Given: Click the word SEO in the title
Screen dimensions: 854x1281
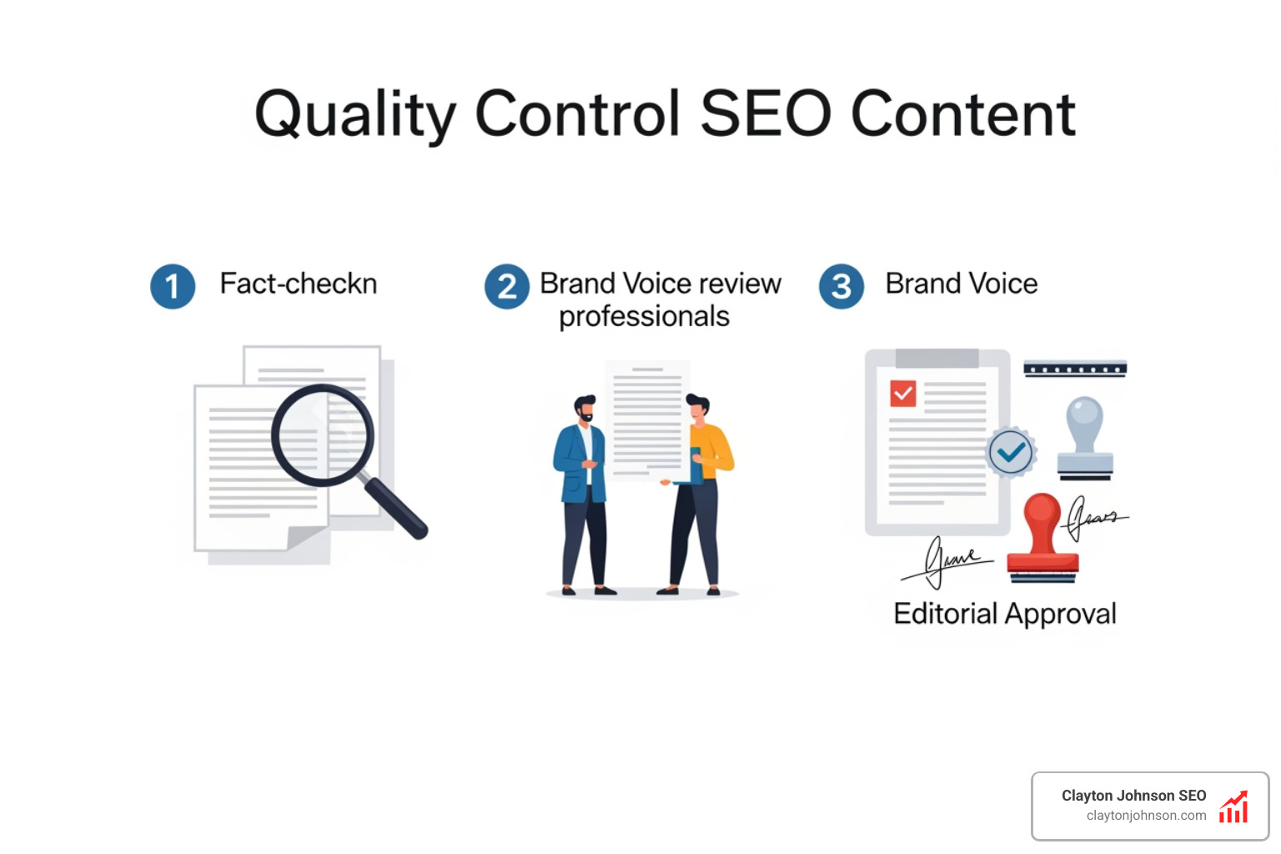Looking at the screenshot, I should [x=766, y=114].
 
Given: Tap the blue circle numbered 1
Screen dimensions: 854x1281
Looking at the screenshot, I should [x=173, y=287].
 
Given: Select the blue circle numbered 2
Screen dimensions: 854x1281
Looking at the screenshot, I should [x=507, y=287].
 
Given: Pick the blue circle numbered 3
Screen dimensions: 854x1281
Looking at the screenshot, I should [x=841, y=287].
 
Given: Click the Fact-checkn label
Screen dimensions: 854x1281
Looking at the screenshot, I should [x=298, y=284].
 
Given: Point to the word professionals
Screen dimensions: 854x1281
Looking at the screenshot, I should [x=644, y=317].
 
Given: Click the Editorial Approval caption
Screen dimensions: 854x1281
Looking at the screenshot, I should [x=1004, y=614].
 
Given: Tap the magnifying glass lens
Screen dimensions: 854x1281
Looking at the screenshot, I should [x=322, y=435].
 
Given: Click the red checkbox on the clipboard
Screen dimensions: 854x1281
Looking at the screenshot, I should [x=902, y=393].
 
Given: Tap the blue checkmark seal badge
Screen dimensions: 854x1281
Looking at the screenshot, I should [x=1011, y=452].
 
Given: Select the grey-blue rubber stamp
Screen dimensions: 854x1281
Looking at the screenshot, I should [x=1085, y=438].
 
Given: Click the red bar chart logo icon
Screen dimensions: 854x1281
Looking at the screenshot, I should [x=1233, y=806].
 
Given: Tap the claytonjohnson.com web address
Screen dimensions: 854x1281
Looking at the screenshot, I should [x=1146, y=816].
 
